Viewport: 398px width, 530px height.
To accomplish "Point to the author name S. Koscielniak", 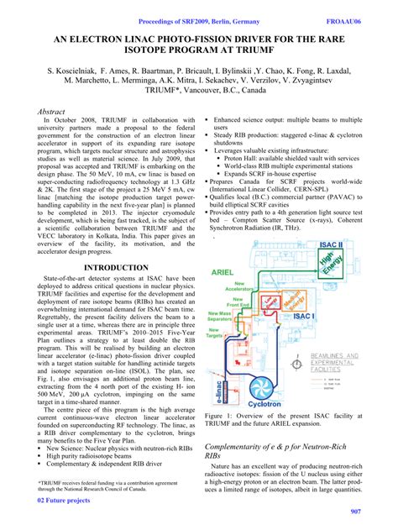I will point(80,72).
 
